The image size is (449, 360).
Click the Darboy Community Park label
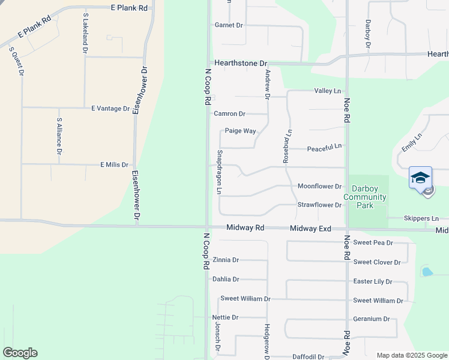[364, 197]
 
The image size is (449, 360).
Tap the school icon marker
[420, 178]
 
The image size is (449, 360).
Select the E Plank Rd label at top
[129, 8]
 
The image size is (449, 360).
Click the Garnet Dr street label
[229, 25]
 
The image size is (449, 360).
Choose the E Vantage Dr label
[110, 109]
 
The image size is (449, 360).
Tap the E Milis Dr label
[114, 164]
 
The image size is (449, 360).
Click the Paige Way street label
[240, 131]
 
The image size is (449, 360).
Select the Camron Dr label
[229, 113]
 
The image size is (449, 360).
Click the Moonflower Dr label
[319, 187]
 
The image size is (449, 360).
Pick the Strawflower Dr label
[319, 205]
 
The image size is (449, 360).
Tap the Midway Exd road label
[310, 229]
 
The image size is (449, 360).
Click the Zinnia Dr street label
[226, 260]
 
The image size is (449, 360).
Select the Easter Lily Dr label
[372, 281]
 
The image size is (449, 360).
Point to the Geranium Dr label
[372, 319]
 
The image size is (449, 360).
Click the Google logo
[20, 353]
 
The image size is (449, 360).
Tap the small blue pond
[427, 272]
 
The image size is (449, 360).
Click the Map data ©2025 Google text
[412, 355]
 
